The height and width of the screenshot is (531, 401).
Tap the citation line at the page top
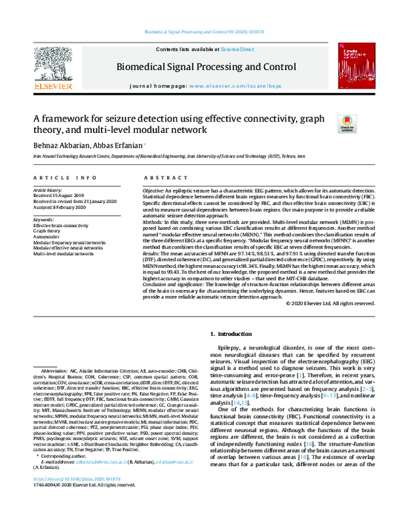click(200, 32)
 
